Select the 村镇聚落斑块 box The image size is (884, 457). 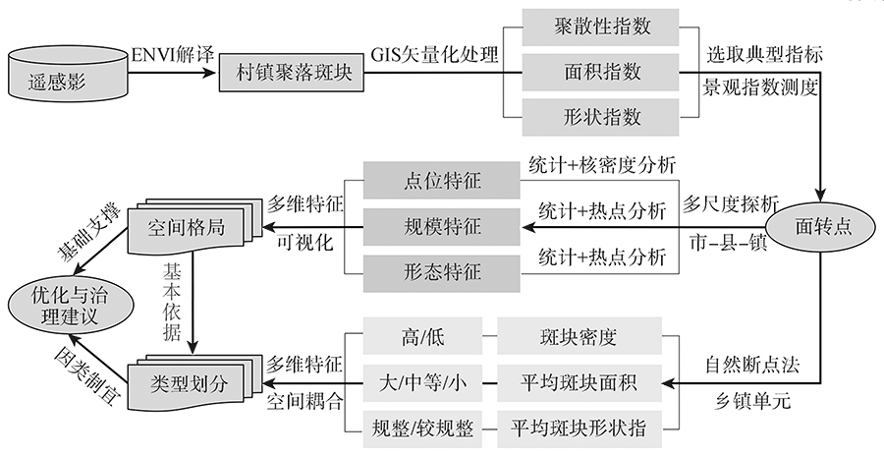tap(291, 73)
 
